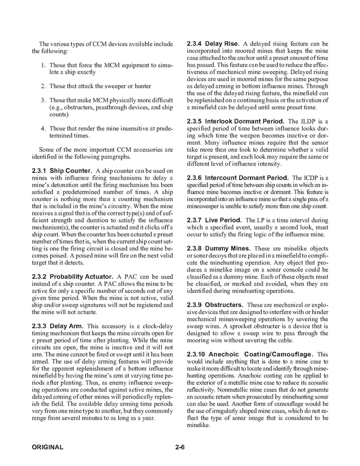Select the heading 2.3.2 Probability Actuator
pos(73,277)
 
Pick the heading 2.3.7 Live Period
pos(214,221)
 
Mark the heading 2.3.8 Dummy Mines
pos(219,249)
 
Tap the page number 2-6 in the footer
pos(180,447)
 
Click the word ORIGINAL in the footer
pos(47,447)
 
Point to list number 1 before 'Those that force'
pos(44,65)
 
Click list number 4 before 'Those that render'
pos(44,129)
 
